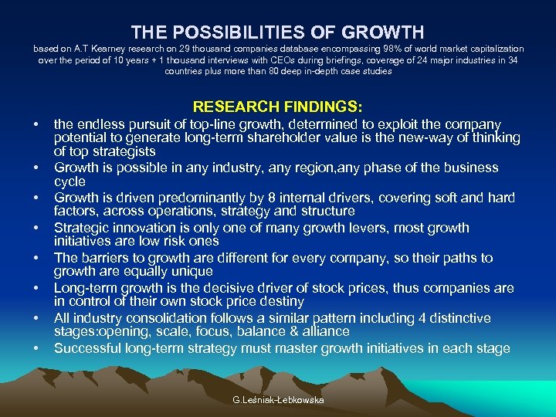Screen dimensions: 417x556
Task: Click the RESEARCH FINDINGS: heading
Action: click(278, 106)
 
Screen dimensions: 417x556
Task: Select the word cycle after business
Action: click(69, 181)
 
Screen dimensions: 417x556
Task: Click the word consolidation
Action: click(172, 318)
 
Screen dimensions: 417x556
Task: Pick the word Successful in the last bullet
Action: click(86, 348)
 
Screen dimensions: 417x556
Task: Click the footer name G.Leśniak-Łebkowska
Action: click(277, 400)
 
